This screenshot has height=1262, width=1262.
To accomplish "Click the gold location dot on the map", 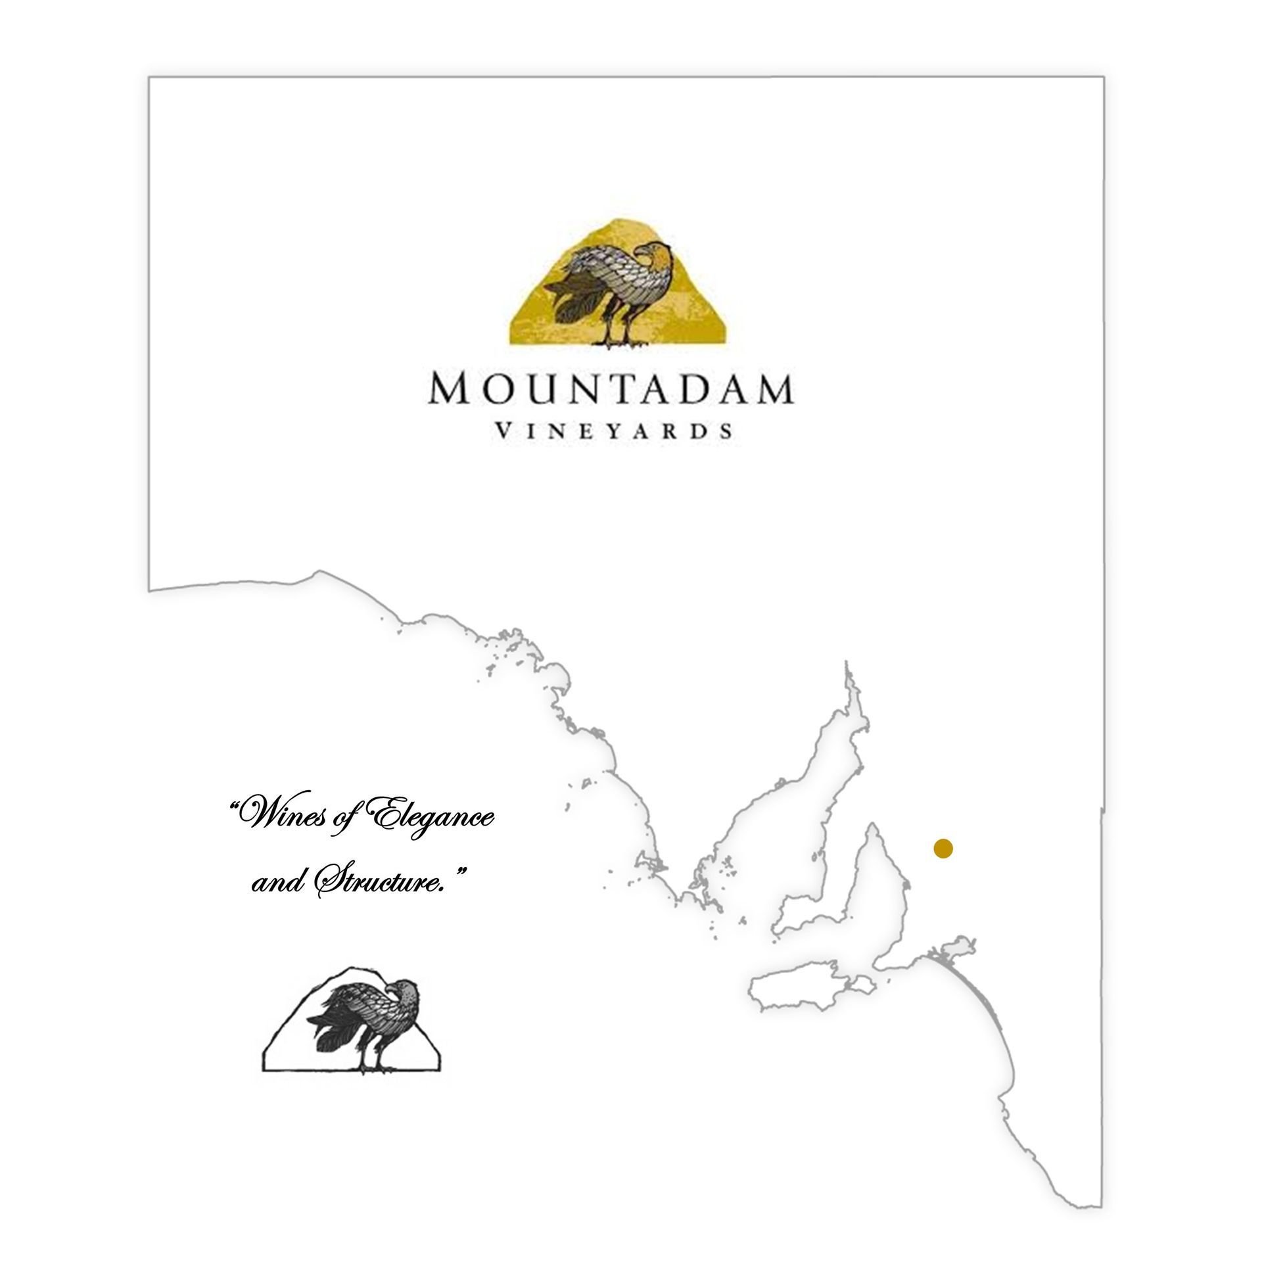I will (x=943, y=849).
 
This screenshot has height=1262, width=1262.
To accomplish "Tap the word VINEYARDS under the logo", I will (x=613, y=431).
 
